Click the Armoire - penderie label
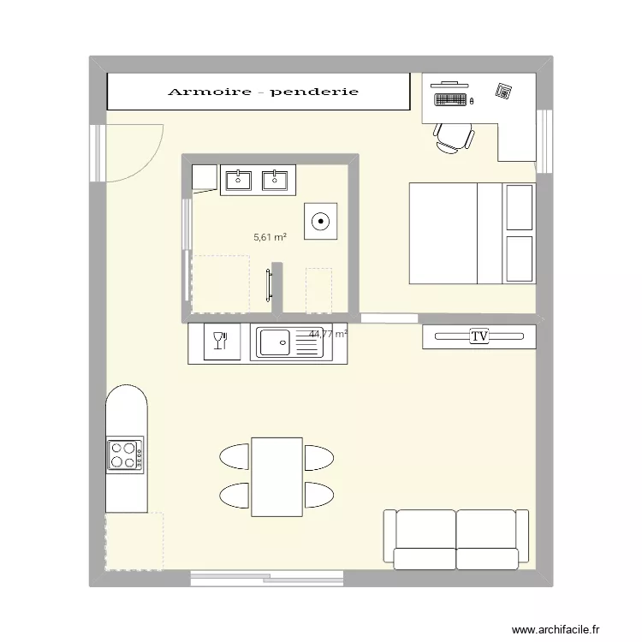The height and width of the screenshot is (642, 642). [x=263, y=92]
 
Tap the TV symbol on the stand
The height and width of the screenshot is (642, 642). [x=479, y=337]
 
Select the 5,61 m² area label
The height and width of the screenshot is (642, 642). [x=269, y=238]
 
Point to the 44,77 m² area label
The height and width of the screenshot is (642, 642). [x=329, y=334]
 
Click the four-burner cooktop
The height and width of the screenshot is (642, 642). [x=124, y=455]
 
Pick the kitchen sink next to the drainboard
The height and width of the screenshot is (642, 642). [x=275, y=343]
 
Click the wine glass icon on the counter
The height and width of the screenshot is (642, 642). [x=218, y=342]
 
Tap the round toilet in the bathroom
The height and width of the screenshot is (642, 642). [x=321, y=221]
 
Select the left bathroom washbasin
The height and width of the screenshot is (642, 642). [x=236, y=180]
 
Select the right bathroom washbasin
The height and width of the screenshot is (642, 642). [x=274, y=180]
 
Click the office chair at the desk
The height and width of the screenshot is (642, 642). [x=453, y=137]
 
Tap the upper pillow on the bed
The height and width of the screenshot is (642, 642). [x=520, y=207]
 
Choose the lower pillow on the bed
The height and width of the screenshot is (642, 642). [x=520, y=259]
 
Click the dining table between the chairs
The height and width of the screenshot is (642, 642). [x=276, y=476]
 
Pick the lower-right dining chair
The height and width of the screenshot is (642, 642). [x=318, y=495]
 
